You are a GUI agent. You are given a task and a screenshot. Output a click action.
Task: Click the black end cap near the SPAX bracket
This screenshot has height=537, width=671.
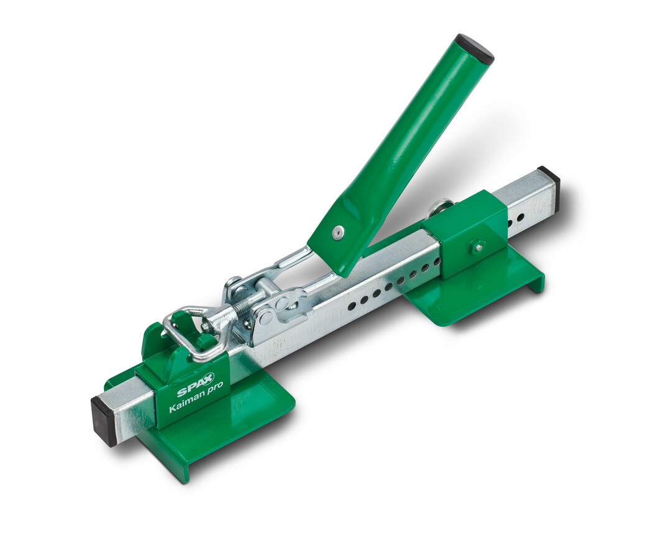pos(104,421)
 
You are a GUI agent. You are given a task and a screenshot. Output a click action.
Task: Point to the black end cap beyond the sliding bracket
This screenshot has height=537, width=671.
pos(549,181)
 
